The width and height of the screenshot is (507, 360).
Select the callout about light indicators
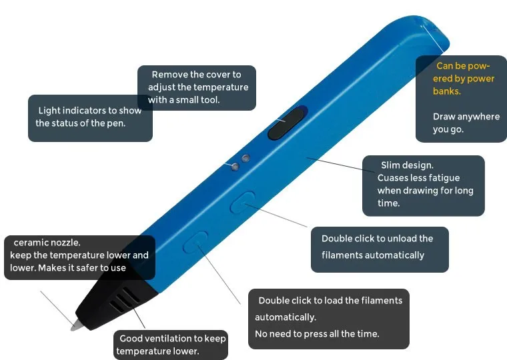[90, 118]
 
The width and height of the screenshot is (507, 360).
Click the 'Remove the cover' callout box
[197, 87]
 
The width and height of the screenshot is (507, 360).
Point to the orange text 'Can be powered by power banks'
[463, 79]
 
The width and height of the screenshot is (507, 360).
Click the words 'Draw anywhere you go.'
[466, 123]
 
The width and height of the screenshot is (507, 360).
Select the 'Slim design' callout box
[423, 185]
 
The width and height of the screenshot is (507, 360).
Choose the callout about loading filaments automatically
[329, 318]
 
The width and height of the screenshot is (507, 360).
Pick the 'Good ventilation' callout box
[171, 345]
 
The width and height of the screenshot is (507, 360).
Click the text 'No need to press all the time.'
[317, 333]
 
